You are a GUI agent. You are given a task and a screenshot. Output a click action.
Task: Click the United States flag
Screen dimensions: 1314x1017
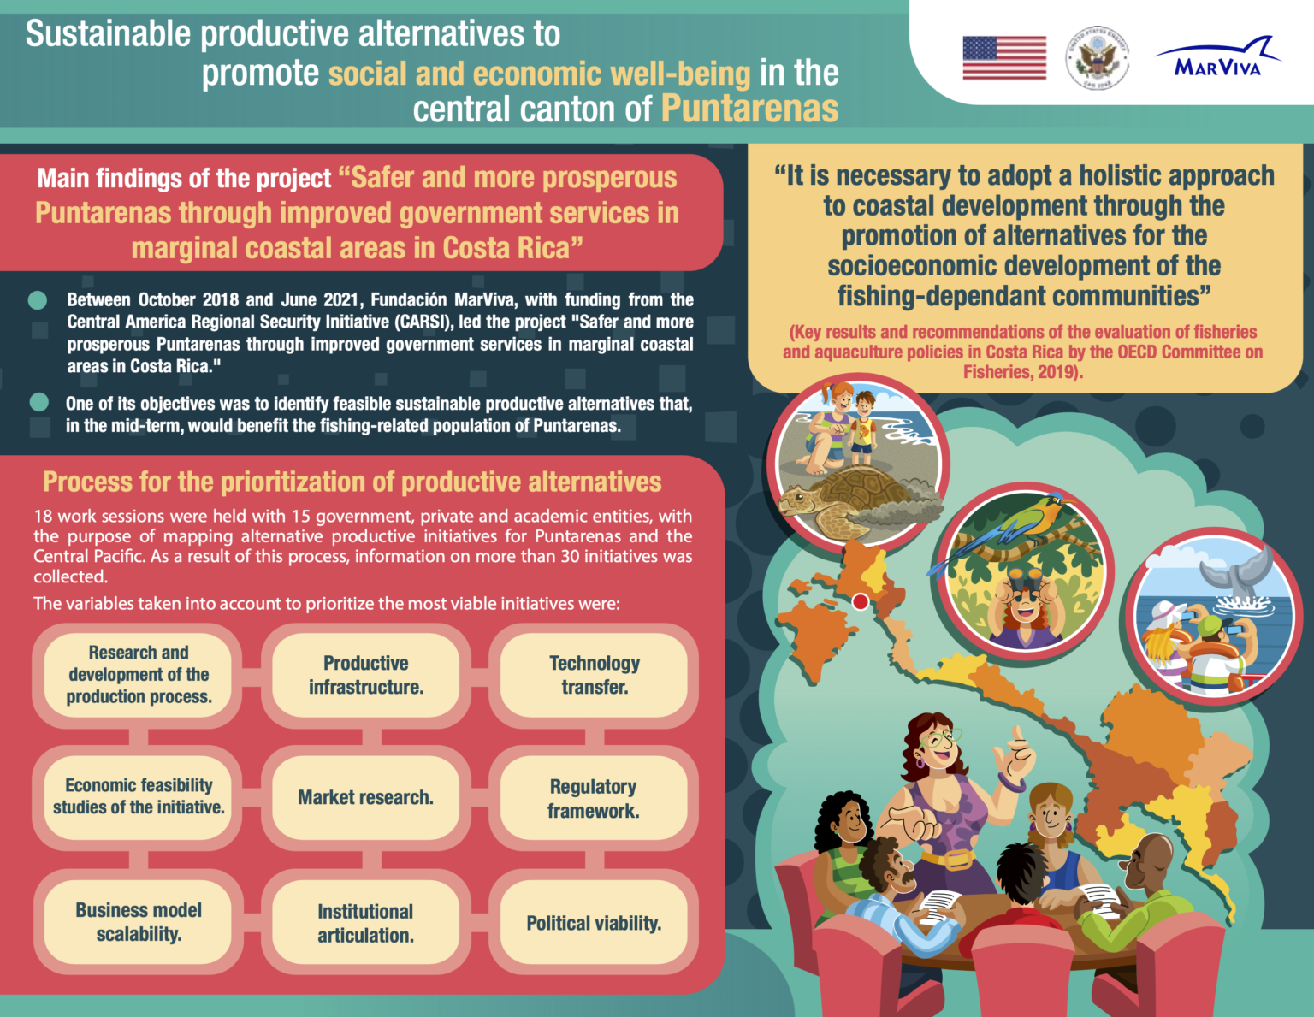tap(1004, 58)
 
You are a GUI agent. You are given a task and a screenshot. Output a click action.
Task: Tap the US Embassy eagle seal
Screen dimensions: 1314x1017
tap(1097, 58)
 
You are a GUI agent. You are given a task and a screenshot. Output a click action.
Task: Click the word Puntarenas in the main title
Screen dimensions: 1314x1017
tap(750, 109)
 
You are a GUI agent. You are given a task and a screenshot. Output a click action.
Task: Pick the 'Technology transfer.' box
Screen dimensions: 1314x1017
tap(594, 675)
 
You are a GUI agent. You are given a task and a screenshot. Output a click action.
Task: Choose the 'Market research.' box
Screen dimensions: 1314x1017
tap(365, 797)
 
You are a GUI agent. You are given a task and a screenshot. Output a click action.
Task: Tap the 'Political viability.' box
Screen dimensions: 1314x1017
tap(594, 923)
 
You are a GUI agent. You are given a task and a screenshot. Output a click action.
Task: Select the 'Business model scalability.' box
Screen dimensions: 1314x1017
tap(139, 922)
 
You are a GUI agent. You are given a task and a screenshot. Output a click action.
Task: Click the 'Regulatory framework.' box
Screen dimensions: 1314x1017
tap(594, 798)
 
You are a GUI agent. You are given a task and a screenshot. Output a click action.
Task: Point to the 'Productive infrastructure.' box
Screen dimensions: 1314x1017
tap(365, 675)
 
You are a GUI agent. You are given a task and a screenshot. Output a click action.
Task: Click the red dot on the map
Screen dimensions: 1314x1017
tap(861, 601)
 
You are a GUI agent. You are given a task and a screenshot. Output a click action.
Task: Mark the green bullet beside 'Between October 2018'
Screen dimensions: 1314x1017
tap(38, 300)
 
